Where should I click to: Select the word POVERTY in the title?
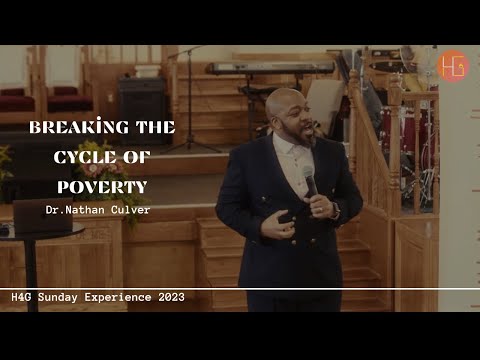102,185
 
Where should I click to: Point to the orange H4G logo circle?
452,67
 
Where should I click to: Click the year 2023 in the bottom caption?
164,297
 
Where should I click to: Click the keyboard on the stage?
270,68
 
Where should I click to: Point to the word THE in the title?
155,127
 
